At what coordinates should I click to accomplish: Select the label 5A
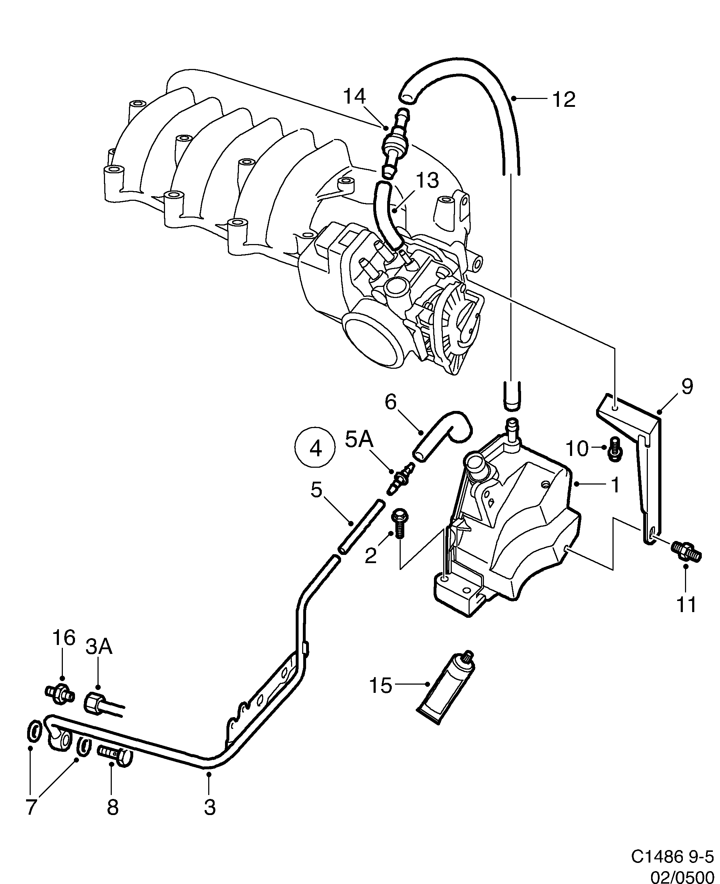pyautogui.click(x=359, y=439)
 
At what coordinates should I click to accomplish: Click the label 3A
pyautogui.click(x=99, y=647)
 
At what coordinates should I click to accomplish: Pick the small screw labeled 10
pyautogui.click(x=614, y=450)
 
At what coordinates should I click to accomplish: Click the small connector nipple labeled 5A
pyautogui.click(x=401, y=479)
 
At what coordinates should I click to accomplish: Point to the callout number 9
pyautogui.click(x=687, y=387)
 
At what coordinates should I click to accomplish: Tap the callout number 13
pyautogui.click(x=427, y=180)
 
